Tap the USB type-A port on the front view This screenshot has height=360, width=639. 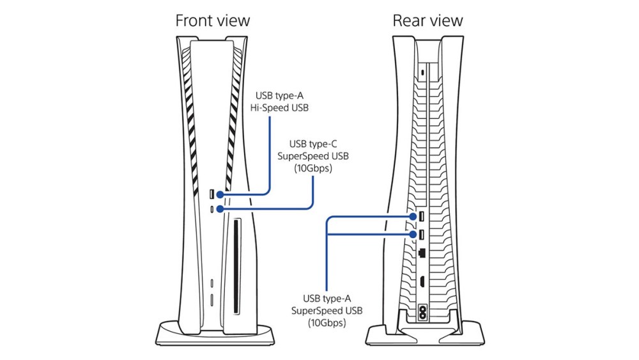tap(212, 193)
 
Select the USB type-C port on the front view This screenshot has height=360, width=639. tap(212, 208)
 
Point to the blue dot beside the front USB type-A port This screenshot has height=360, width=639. tap(220, 193)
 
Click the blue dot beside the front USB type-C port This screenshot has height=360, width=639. tap(220, 208)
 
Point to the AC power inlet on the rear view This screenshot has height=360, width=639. tap(422, 313)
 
